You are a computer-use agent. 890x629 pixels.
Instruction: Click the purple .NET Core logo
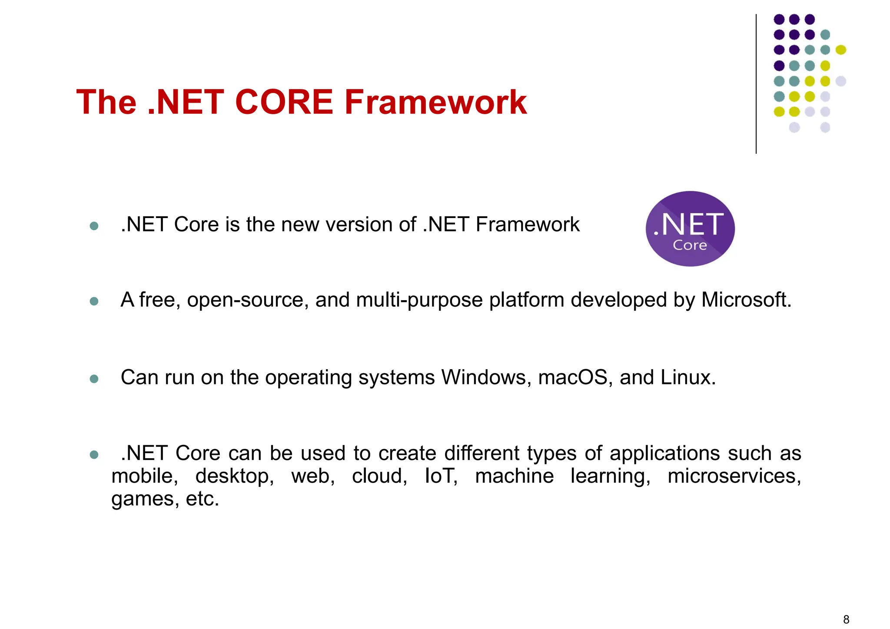[x=690, y=229]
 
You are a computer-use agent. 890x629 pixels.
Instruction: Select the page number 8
[x=846, y=619]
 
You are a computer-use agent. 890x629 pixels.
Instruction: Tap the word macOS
[x=575, y=377]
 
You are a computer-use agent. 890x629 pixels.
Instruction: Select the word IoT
[x=441, y=476]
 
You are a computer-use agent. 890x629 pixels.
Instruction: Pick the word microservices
[x=734, y=476]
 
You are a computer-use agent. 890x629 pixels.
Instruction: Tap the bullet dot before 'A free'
[x=94, y=301]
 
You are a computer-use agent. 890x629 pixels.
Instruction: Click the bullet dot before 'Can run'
[x=94, y=379]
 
